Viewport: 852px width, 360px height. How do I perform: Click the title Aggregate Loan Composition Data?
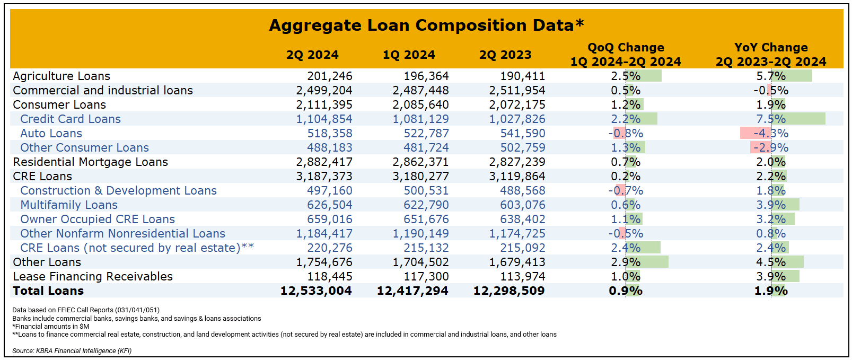[426, 25]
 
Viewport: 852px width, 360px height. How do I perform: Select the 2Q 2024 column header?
[312, 55]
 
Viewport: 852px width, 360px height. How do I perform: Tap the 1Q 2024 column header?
[409, 55]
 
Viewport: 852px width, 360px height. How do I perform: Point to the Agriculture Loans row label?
[62, 76]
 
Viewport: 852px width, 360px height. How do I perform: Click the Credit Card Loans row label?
[71, 119]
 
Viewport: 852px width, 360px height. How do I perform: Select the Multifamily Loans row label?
[69, 205]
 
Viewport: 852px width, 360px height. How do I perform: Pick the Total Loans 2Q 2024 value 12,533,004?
[316, 291]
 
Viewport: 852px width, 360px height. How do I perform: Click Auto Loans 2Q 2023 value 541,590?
[523, 133]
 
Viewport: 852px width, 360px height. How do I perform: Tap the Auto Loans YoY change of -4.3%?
[771, 133]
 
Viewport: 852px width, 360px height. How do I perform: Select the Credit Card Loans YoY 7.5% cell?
[771, 119]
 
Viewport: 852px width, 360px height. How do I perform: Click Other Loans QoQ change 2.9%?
[626, 262]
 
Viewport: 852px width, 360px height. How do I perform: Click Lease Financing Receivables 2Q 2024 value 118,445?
[330, 276]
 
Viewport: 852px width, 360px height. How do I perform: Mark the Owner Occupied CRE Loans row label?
[98, 219]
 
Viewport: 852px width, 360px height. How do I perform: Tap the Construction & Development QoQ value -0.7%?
[626, 190]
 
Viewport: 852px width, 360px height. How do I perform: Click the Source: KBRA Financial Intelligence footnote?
[72, 350]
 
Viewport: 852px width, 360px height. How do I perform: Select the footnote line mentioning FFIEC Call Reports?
[85, 310]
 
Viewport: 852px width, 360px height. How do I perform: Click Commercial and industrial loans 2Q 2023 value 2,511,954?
[517, 90]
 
